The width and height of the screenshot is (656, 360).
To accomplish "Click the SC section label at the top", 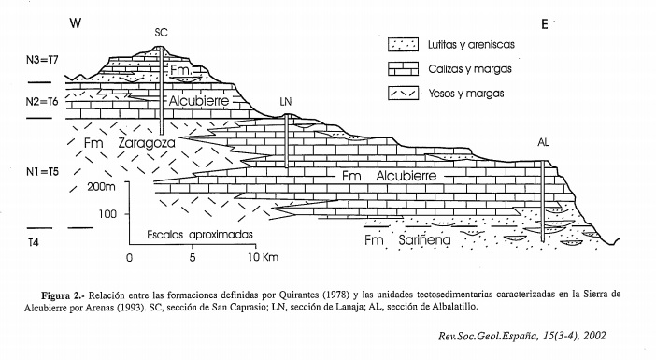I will pos(160,32).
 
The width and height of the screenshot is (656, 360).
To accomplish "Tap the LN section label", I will pos(286,99).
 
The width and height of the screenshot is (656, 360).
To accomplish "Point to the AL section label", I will pos(545,143).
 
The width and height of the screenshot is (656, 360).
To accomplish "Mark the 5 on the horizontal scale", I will pos(192,256).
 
